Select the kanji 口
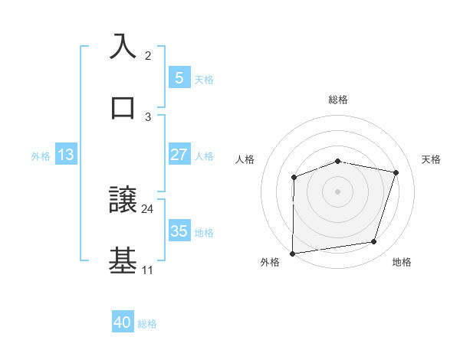(x=123, y=107)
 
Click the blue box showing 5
(x=179, y=77)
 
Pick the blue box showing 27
(x=179, y=155)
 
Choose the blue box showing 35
(x=179, y=231)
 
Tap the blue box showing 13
(x=66, y=155)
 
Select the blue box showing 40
(x=123, y=322)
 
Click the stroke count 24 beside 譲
(x=148, y=208)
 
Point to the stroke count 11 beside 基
(x=147, y=270)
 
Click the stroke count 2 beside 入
(x=148, y=56)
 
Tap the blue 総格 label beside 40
(x=147, y=324)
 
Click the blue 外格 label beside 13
(x=41, y=156)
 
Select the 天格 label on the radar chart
(x=431, y=159)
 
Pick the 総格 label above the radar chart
(x=337, y=100)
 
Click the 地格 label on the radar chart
(x=402, y=262)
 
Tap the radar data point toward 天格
(x=396, y=172)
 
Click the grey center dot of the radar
(x=337, y=191)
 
